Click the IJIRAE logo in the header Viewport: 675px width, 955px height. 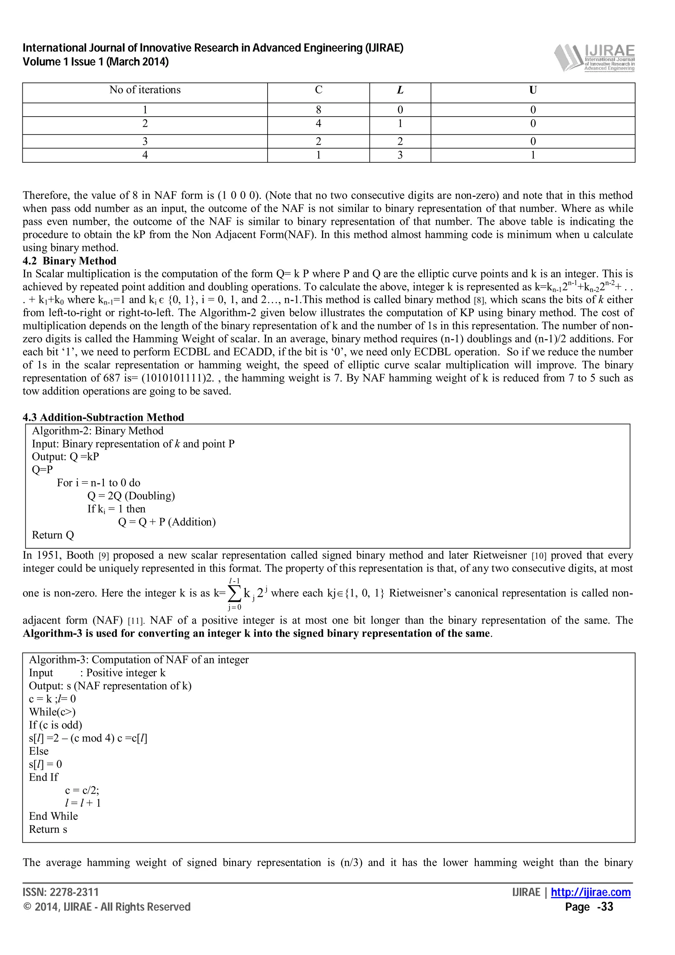pyautogui.click(x=594, y=58)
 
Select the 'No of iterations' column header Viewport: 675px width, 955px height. pyautogui.click(x=145, y=90)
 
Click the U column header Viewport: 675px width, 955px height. pyautogui.click(x=532, y=90)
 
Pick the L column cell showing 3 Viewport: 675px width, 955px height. pyautogui.click(x=400, y=155)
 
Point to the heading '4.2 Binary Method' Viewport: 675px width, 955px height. pyautogui.click(x=70, y=261)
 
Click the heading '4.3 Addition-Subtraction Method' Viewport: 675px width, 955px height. pyautogui.click(x=103, y=417)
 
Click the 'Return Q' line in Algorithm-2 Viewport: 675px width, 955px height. pyautogui.click(x=53, y=535)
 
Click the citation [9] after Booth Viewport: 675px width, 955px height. pyautogui.click(x=103, y=556)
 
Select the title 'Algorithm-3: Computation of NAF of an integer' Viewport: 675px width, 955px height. pyautogui.click(x=138, y=660)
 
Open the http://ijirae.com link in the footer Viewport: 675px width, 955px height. pyautogui.click(x=591, y=892)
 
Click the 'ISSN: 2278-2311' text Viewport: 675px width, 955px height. pyautogui.click(x=61, y=892)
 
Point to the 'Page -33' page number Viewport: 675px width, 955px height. pyautogui.click(x=589, y=907)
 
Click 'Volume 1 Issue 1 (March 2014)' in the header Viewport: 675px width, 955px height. pyautogui.click(x=96, y=62)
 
